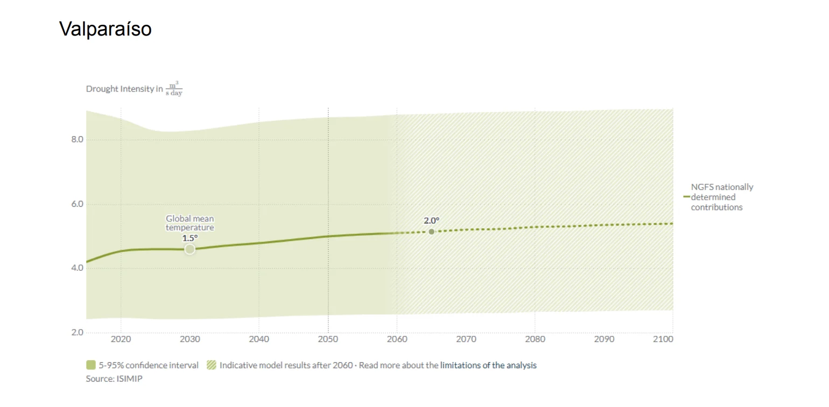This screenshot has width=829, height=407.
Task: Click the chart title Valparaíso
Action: [x=106, y=29]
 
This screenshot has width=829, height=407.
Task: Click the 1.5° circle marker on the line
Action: [x=189, y=249]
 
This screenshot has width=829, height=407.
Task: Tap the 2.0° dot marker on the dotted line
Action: [x=431, y=231]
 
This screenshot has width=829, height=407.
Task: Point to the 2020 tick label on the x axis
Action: [x=120, y=339]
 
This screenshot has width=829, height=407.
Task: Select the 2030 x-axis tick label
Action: [x=189, y=339]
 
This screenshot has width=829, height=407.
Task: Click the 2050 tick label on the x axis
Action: [x=328, y=339]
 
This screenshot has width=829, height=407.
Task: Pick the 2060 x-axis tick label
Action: [x=397, y=339]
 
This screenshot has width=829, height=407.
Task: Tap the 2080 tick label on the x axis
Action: [x=535, y=339]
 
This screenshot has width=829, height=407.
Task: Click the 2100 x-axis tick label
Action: [x=663, y=339]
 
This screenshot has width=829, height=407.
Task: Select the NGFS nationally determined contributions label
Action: [x=722, y=197]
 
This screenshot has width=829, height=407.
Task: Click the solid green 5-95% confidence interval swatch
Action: [x=90, y=365]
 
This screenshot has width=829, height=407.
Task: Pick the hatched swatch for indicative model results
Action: [x=211, y=365]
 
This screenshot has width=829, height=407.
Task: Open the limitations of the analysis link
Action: [x=488, y=365]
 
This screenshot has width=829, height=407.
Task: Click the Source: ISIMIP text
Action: [x=114, y=378]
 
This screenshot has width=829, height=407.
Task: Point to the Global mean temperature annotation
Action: [x=189, y=223]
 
